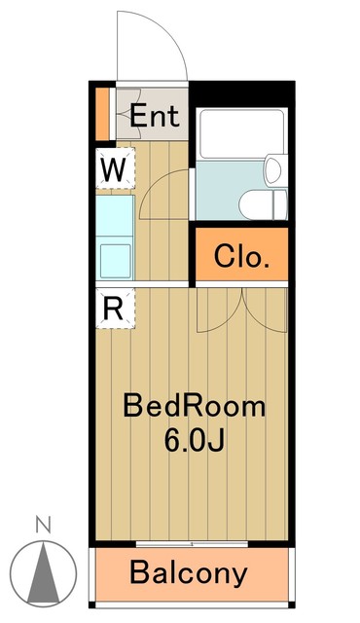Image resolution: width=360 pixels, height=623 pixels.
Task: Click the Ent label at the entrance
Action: coord(156,117)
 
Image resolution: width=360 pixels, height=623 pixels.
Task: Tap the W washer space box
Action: coord(114,169)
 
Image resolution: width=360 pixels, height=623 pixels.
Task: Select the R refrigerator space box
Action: coord(113,308)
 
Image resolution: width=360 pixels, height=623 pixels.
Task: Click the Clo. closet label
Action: coord(241,258)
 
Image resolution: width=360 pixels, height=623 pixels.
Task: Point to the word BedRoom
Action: coord(194,407)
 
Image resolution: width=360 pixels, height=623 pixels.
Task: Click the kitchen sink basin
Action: coord(115,259)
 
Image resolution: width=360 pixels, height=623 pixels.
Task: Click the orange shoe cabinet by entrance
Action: coord(102,113)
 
